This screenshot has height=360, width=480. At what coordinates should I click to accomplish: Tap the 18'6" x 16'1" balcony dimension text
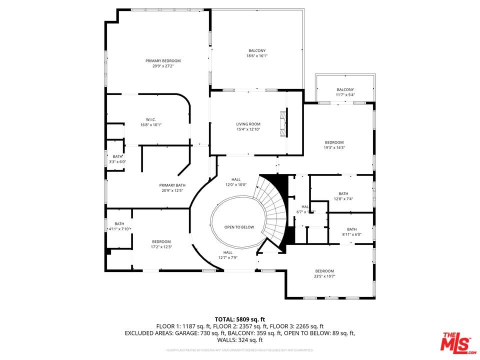tap(257, 56)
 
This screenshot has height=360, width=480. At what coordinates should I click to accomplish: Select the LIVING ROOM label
tap(248, 124)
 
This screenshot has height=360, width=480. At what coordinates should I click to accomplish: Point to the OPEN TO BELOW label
tap(239, 227)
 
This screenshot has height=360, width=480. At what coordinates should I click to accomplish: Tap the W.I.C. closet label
tap(150, 119)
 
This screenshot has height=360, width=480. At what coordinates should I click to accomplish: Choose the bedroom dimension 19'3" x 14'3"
tap(334, 147)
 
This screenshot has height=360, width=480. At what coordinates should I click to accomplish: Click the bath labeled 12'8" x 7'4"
tap(343, 196)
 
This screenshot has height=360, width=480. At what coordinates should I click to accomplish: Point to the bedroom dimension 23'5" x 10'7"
tap(324, 276)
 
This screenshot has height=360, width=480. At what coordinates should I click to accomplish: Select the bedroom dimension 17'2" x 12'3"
tap(161, 246)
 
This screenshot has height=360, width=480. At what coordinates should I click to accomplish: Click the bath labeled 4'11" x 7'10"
tap(119, 226)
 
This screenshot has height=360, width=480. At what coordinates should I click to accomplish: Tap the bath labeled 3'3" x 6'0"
tap(117, 159)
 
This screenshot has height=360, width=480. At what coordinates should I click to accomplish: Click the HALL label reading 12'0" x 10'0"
tap(236, 182)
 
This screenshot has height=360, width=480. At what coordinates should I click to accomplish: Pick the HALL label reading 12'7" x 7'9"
tap(228, 255)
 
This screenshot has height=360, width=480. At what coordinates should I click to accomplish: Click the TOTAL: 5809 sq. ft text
tap(240, 318)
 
